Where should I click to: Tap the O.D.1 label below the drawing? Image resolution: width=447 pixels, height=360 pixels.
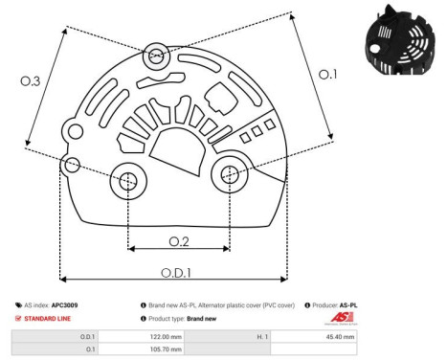(x=174, y=270)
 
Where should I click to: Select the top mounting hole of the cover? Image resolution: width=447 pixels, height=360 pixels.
(x=157, y=57)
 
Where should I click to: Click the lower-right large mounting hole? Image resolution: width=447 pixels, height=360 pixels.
(x=230, y=175)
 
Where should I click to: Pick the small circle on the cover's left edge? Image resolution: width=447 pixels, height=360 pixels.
(x=68, y=167)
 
